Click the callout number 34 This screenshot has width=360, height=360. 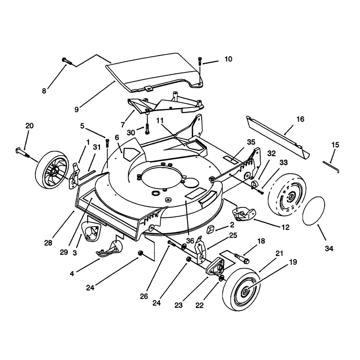click(329, 248)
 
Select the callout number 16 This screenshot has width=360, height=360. click(300, 119)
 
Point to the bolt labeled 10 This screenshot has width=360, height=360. click(200, 61)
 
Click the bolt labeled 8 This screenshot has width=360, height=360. click(67, 61)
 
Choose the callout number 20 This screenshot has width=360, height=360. click(29, 126)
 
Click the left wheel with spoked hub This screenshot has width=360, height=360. click(52, 170)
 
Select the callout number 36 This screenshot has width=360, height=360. click(190, 241)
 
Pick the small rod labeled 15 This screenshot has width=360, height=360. click(331, 167)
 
